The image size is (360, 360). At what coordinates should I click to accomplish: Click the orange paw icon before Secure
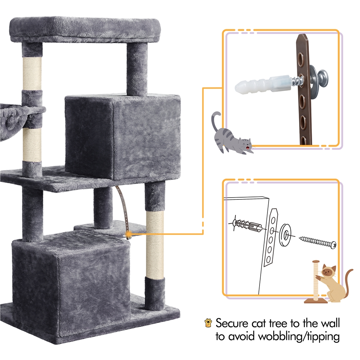coord(208,322)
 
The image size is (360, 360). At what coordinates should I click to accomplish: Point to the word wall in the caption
coord(327,323)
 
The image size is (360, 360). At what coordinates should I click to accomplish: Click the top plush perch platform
coord(83,29)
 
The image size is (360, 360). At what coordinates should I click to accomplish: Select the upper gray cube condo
coord(122,137)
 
